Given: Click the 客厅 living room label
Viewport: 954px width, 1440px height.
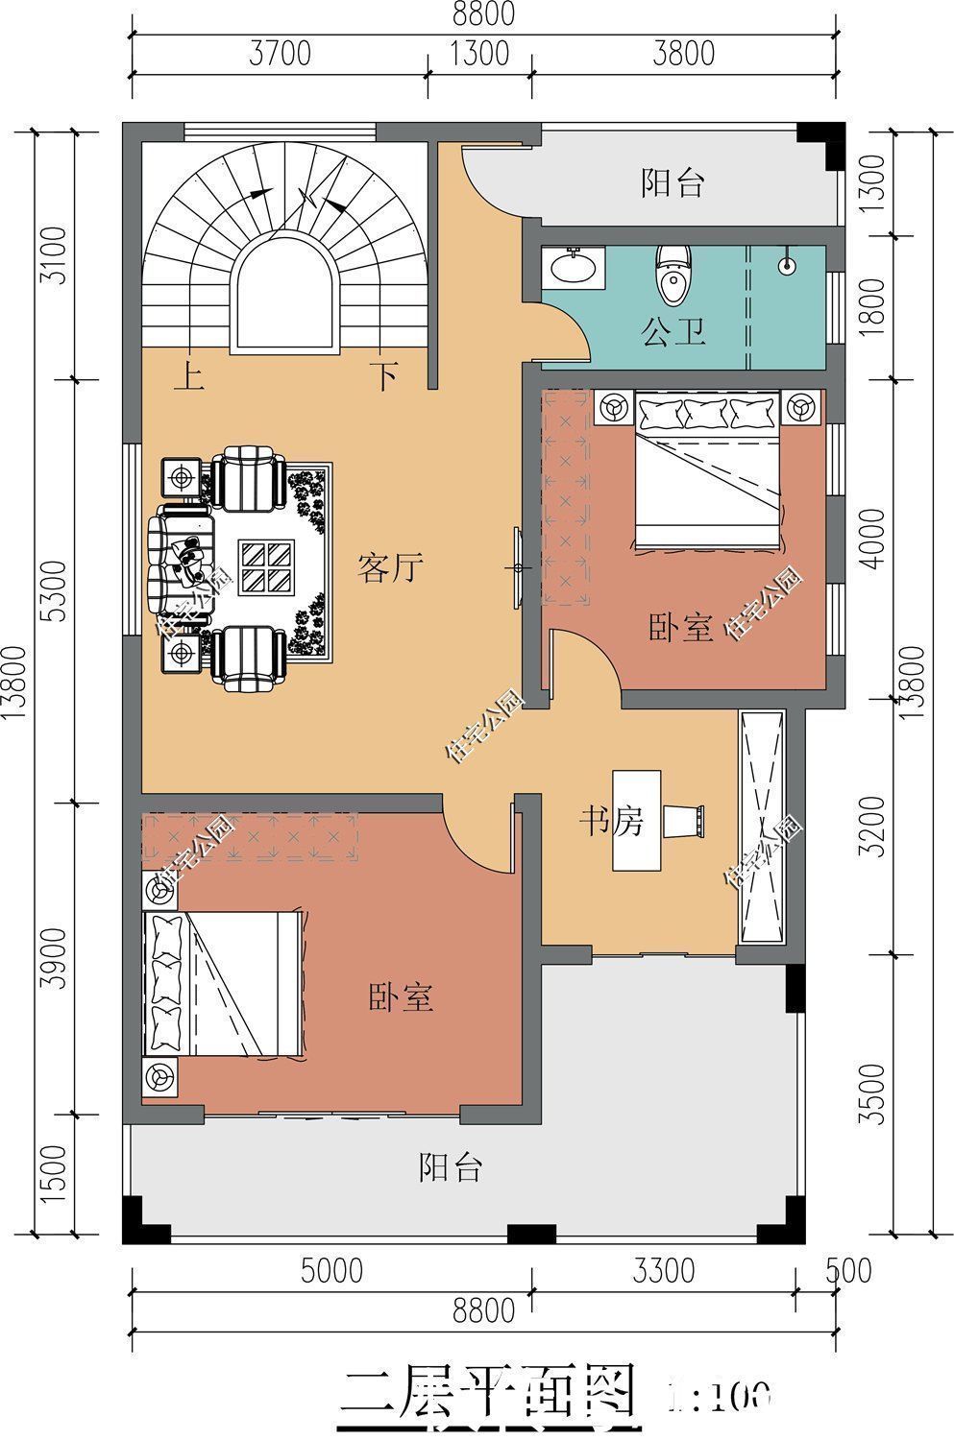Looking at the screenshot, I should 390,567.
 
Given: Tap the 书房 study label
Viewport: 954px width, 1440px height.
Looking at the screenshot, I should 610,821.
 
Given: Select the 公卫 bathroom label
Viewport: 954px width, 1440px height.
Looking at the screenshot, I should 673,332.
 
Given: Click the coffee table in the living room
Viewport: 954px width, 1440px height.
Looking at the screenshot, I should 266,566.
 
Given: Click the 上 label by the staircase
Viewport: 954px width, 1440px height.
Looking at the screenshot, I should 188,376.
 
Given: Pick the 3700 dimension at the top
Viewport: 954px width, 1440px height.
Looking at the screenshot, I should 280,53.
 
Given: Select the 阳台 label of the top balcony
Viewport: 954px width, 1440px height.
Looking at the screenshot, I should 673,182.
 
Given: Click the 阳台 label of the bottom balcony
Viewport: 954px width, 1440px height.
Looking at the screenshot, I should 450,1167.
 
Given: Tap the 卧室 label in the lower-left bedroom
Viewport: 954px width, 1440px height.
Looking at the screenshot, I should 402,997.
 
